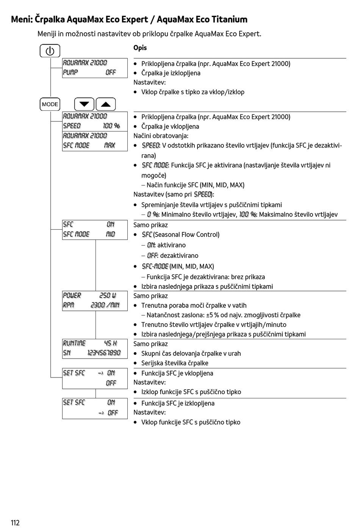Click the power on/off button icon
click(x=50, y=51)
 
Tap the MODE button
click(x=50, y=104)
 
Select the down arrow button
click(x=84, y=104)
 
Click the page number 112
click(x=15, y=523)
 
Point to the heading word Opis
click(x=140, y=48)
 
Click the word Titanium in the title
click(x=229, y=19)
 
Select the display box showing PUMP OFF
click(x=95, y=68)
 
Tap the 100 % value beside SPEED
click(x=111, y=126)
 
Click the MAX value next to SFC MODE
click(x=110, y=145)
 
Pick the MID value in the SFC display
click(x=110, y=234)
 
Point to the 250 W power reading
click(x=108, y=295)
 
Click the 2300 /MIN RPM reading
click(x=105, y=305)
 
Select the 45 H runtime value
click(x=111, y=343)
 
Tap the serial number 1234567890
click(x=104, y=353)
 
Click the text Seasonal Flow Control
click(x=186, y=235)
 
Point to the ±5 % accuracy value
click(x=213, y=315)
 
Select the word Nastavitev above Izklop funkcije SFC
click(x=149, y=382)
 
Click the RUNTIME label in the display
click(x=74, y=343)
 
